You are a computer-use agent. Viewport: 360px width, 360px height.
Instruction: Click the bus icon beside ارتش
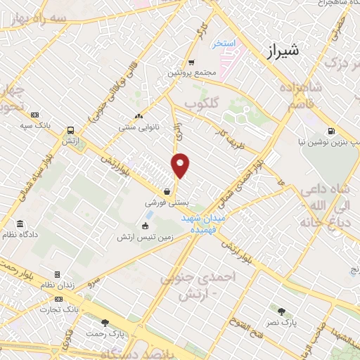point(70,131)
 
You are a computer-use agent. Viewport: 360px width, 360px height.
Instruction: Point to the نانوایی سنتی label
point(140,127)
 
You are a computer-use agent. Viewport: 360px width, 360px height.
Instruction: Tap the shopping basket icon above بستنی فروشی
point(167,191)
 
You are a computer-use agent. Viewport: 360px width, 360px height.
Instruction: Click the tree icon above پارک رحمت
point(105,323)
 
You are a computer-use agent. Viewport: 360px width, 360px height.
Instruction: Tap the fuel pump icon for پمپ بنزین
point(330,131)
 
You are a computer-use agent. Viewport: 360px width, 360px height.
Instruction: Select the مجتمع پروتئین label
point(187,72)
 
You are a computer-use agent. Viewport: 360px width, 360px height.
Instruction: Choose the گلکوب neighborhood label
point(204,104)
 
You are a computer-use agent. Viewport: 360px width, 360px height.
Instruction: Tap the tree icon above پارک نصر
point(281,311)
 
